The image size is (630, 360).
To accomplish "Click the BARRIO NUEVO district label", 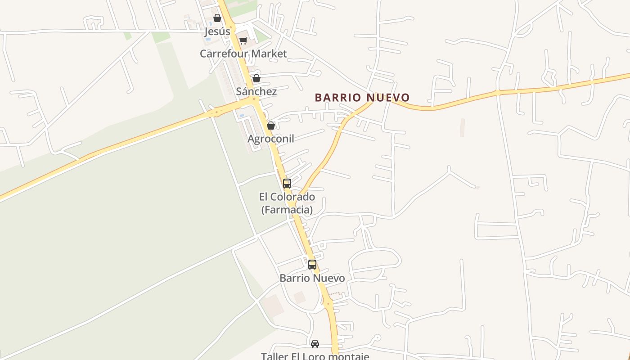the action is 362,98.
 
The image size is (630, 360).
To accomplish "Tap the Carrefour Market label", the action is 243,54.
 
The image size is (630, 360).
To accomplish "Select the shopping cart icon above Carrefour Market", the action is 243,41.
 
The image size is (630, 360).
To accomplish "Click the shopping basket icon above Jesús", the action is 217,18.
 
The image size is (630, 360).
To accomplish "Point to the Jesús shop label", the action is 217,31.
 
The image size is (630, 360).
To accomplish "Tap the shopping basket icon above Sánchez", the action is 256,78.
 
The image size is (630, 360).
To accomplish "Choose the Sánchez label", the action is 256,91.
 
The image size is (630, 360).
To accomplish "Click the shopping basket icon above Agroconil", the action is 271,126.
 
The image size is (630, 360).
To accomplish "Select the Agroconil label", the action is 271,139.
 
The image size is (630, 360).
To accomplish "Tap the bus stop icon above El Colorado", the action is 287,184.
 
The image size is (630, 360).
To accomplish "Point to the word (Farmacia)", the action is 287,210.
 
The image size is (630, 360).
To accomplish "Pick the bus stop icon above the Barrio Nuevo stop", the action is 312,265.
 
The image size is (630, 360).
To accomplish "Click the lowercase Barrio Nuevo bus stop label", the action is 312,278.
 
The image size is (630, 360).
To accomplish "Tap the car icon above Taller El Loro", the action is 315,344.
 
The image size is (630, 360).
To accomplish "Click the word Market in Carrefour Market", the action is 270,54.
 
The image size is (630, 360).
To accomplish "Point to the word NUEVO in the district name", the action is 388,98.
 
